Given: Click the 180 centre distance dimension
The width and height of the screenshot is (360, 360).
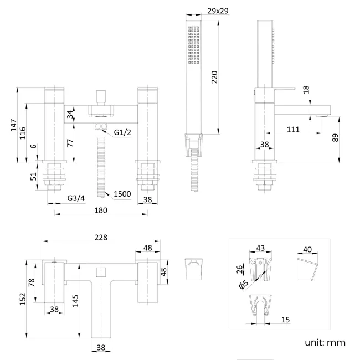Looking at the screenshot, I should point(101,210).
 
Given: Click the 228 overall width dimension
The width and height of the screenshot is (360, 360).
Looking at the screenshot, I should point(100,237).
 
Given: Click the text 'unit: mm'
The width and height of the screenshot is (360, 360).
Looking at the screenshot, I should point(325,342).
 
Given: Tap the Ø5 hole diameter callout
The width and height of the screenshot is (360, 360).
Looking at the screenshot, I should point(242,285).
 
